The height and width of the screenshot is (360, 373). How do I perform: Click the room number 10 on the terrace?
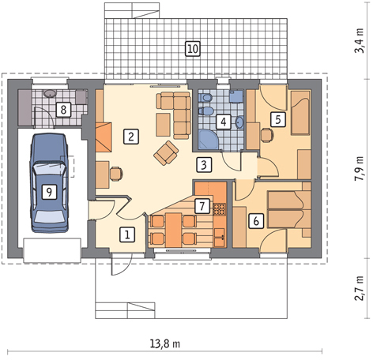click(x=193, y=49)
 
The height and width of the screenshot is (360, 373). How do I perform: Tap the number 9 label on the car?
click(x=49, y=192)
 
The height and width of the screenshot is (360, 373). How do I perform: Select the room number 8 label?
click(x=63, y=110)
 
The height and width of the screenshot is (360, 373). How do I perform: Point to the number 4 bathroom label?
click(x=224, y=122)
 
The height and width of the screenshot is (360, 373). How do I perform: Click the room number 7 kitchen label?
click(x=202, y=206)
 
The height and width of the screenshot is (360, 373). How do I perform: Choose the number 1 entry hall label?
click(x=127, y=234)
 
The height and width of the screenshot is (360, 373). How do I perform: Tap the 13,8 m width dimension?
click(x=165, y=343)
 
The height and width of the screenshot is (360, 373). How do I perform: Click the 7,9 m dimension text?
click(x=359, y=168)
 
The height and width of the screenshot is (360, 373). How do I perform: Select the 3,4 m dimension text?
click(x=359, y=41)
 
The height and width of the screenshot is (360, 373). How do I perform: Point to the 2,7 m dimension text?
click(x=359, y=288)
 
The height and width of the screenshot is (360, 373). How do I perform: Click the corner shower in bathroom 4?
click(x=208, y=140)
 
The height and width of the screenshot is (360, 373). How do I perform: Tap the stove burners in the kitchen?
click(x=220, y=209)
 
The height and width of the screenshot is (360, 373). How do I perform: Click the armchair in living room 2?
click(x=166, y=153)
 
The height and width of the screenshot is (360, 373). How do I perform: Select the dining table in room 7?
click(x=173, y=231)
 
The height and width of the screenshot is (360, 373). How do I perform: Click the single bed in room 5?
click(x=300, y=113)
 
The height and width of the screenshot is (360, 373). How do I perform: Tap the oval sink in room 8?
click(x=50, y=93)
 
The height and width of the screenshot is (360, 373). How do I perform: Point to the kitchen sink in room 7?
click(x=220, y=238)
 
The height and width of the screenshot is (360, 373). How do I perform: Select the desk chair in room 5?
click(x=267, y=135)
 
